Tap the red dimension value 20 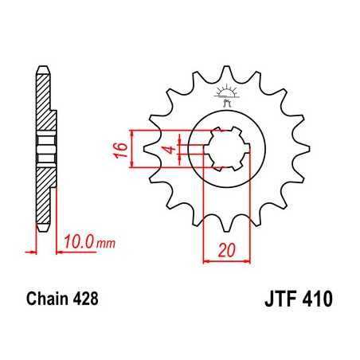pos(229,249)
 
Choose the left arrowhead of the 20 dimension pos(205,259)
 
